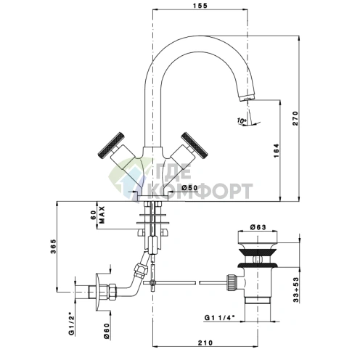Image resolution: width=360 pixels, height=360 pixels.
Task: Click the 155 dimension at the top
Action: (200, 5)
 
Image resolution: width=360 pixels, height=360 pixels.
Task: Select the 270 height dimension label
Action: (295, 118)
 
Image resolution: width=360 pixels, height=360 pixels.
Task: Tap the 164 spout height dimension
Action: (277, 150)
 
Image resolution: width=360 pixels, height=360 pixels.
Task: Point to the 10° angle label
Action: (242, 120)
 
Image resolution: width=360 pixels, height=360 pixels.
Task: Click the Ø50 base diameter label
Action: (189, 187)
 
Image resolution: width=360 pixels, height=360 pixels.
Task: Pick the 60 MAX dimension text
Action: (97, 215)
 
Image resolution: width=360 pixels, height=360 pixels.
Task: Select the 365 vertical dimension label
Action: (53, 246)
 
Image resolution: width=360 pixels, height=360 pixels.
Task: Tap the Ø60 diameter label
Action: (107, 331)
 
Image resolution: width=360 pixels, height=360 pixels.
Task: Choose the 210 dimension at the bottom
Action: (205, 343)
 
